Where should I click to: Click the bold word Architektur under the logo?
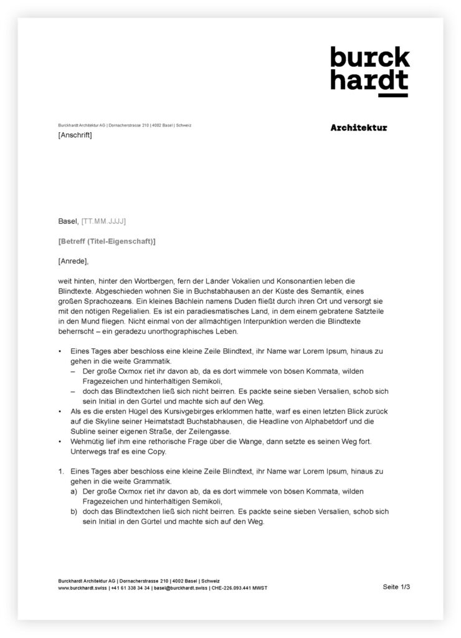359,128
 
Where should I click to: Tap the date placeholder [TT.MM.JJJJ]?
104,221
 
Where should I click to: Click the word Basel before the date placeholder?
68,221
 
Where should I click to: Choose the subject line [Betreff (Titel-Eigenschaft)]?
107,241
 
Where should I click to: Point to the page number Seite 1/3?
397,586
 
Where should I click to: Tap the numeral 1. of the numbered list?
62,472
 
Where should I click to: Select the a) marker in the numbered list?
74,492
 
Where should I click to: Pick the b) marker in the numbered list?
74,512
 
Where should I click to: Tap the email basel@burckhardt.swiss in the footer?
180,588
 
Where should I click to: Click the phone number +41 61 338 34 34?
130,588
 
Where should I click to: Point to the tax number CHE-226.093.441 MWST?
239,588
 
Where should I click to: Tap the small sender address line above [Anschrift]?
125,125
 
